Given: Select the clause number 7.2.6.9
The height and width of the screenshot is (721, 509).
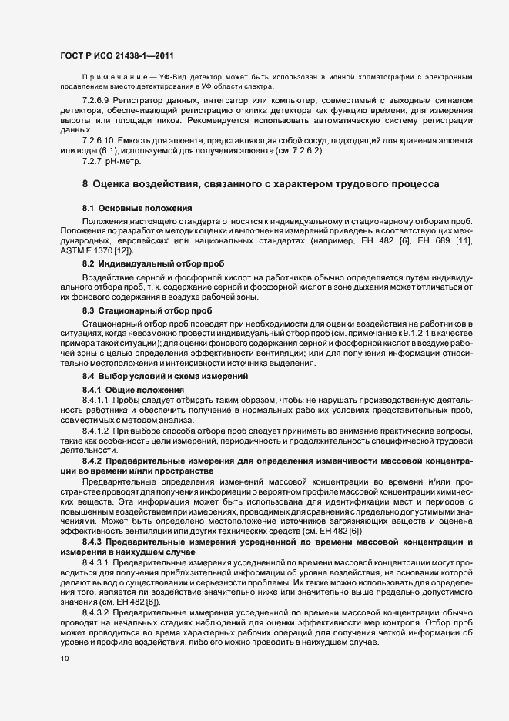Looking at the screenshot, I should coord(97,101).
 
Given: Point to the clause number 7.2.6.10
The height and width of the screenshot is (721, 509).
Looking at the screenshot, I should coord(99,141).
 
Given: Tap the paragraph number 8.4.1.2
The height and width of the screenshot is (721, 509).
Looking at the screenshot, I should coord(97,431).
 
